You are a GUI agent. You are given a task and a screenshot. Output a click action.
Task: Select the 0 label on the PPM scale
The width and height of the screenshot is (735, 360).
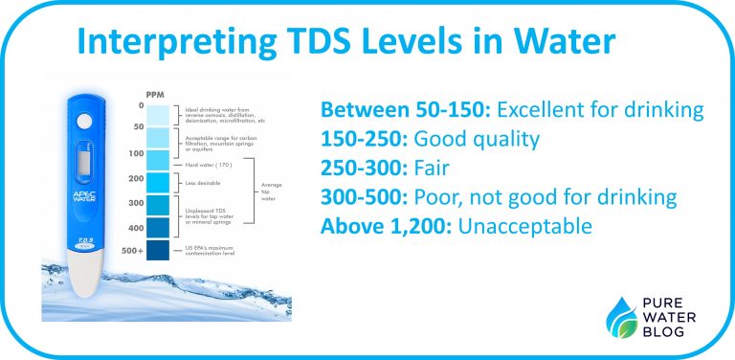click(140, 105)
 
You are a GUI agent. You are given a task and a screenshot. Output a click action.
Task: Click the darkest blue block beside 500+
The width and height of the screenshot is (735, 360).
click(158, 251)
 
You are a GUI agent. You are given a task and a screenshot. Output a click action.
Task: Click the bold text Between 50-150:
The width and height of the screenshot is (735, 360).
click(401, 109)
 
